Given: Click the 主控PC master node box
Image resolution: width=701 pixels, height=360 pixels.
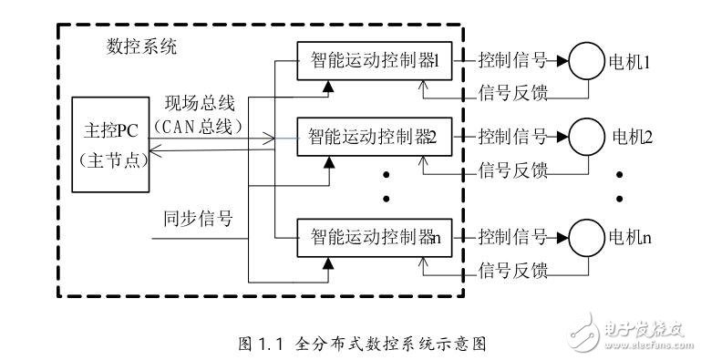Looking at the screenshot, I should [x=110, y=146].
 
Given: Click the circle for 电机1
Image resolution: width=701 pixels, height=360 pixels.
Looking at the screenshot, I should [x=584, y=62].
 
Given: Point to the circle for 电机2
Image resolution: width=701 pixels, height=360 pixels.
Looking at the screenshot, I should [x=584, y=139].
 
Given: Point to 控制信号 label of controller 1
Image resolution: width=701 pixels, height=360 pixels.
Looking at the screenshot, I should [x=512, y=61].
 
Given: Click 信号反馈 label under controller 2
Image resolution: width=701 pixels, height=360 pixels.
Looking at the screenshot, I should [x=512, y=170].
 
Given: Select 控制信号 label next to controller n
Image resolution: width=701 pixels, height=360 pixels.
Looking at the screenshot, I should [x=512, y=241].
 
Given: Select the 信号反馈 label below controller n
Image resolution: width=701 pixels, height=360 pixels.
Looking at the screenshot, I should [x=512, y=271].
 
